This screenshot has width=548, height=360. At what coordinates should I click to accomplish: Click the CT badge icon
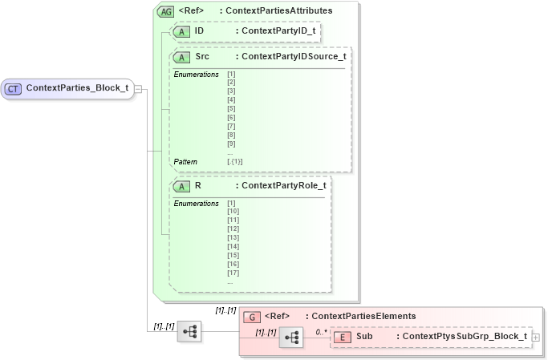click(x=14, y=87)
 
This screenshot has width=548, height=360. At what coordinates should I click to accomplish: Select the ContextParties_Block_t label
click(x=77, y=87)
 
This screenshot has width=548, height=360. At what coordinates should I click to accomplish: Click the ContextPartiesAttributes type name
click(x=276, y=11)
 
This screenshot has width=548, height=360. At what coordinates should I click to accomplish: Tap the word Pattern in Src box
click(x=186, y=161)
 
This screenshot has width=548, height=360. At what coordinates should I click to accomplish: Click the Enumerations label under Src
click(x=197, y=74)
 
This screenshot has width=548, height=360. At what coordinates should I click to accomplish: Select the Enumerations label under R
click(x=197, y=203)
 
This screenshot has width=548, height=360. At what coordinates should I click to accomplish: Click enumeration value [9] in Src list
click(x=231, y=144)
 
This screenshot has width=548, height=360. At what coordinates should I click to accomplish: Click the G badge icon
click(x=252, y=316)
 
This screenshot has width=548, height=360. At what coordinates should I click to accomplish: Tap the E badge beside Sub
click(x=342, y=337)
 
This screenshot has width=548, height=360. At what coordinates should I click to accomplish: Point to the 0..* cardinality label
click(x=321, y=330)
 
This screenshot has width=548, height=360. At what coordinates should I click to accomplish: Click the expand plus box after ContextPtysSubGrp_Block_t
click(x=535, y=338)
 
